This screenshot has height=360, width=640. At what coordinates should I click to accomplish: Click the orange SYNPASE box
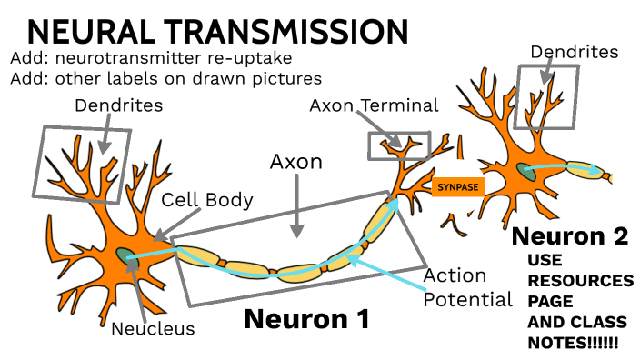click(457, 187)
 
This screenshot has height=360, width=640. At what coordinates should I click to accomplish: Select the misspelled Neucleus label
click(153, 328)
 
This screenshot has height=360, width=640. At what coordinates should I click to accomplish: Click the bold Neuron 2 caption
click(570, 236)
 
